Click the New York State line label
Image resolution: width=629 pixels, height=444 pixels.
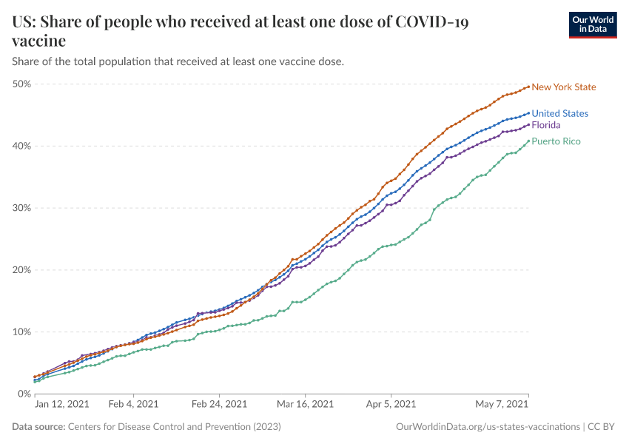pyautogui.click(x=563, y=87)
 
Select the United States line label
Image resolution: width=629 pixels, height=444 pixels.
pyautogui.click(x=560, y=114)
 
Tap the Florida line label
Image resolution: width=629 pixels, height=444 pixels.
pyautogui.click(x=546, y=125)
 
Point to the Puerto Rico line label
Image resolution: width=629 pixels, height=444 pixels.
pyautogui.click(x=556, y=141)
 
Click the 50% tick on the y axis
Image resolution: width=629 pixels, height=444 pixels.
pyautogui.click(x=21, y=84)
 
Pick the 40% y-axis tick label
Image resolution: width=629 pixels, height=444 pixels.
pyautogui.click(x=21, y=146)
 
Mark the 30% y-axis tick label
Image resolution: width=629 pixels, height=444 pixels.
pyautogui.click(x=21, y=208)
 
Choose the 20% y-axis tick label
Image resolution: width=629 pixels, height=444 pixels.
pyautogui.click(x=21, y=270)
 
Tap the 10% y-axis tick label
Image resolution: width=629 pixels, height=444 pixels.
pyautogui.click(x=21, y=332)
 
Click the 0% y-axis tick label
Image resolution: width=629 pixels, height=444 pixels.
pyautogui.click(x=24, y=394)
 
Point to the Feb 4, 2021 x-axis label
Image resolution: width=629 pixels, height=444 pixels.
pyautogui.click(x=133, y=404)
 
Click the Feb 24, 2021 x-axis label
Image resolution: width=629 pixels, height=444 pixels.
pyautogui.click(x=219, y=404)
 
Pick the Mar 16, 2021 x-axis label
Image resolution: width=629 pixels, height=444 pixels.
pyautogui.click(x=306, y=404)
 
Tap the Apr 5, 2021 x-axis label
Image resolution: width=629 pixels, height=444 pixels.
pyautogui.click(x=391, y=404)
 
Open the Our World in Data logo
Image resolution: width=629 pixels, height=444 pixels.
pyautogui.click(x=592, y=24)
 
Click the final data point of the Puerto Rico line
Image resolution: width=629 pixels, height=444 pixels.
pyautogui.click(x=528, y=141)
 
